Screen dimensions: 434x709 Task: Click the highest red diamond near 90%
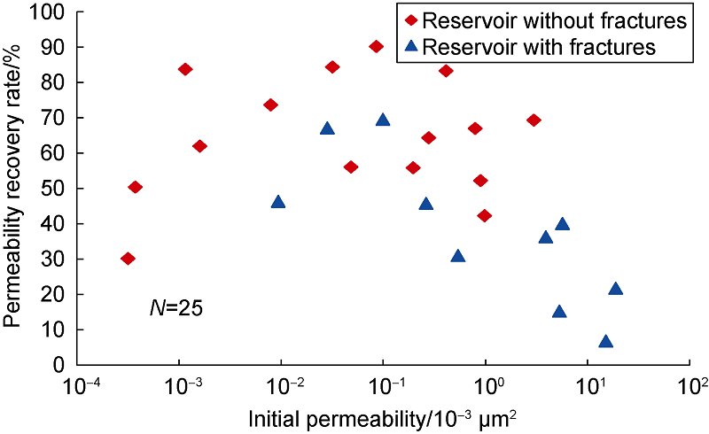[x=376, y=46]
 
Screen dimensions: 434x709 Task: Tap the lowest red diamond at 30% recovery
[x=128, y=259]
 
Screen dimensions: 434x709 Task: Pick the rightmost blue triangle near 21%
[x=616, y=288]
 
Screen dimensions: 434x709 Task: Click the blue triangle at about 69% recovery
[x=383, y=120]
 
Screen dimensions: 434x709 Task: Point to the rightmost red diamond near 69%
[x=534, y=120]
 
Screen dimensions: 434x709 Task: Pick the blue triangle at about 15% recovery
[x=559, y=311]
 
